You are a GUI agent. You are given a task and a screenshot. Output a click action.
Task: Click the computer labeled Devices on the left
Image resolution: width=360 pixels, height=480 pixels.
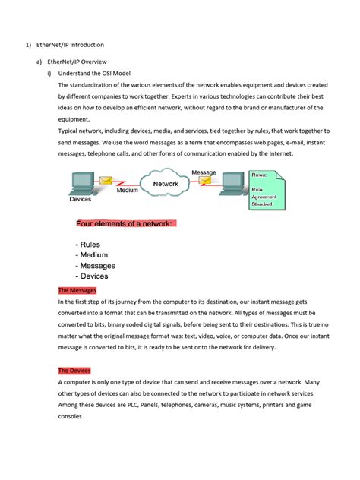point(83,183)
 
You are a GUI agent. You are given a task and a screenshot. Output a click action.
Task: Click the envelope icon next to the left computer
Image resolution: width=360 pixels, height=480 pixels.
point(107,181)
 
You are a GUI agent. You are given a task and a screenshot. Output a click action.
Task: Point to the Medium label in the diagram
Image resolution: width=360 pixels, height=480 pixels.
point(127,191)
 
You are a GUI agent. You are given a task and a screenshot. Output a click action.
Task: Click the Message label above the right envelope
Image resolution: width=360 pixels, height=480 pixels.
point(204,172)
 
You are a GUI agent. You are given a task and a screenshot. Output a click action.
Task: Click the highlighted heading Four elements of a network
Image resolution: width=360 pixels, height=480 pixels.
point(125,223)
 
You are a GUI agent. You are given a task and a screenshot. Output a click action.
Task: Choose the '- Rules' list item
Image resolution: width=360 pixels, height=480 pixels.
point(91,245)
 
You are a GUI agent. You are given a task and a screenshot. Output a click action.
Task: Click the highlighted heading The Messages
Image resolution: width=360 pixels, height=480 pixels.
point(77,290)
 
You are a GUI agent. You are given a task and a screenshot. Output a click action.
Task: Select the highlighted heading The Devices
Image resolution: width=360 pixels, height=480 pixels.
point(74,370)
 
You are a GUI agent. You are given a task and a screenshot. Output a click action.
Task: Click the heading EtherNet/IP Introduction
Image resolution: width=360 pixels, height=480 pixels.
point(71,45)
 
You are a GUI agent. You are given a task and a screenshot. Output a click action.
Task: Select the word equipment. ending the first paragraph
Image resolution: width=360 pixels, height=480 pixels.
point(76,119)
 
